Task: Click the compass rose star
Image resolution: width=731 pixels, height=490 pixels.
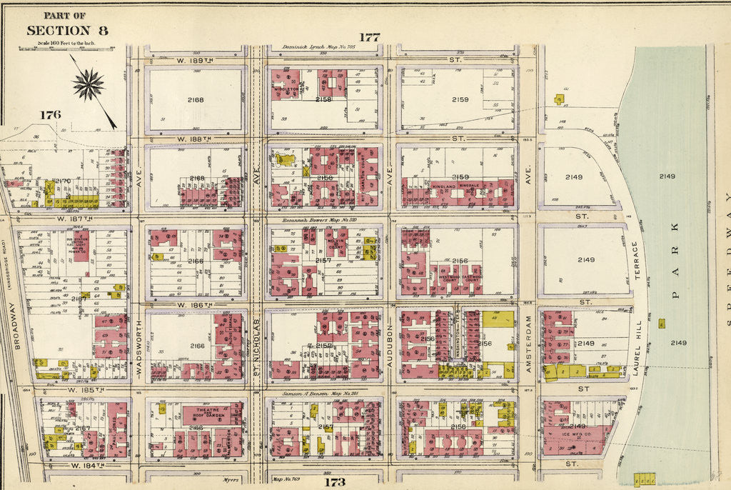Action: pos(88,85)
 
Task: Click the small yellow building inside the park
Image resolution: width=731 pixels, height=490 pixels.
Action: pos(662,323)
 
